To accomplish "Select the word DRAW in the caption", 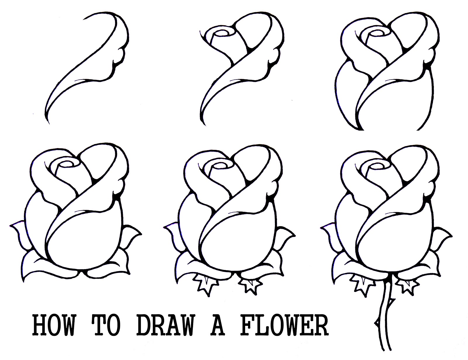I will (x=165, y=325).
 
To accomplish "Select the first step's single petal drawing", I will (x=97, y=58).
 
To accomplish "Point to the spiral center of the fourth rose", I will (x=65, y=165).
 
